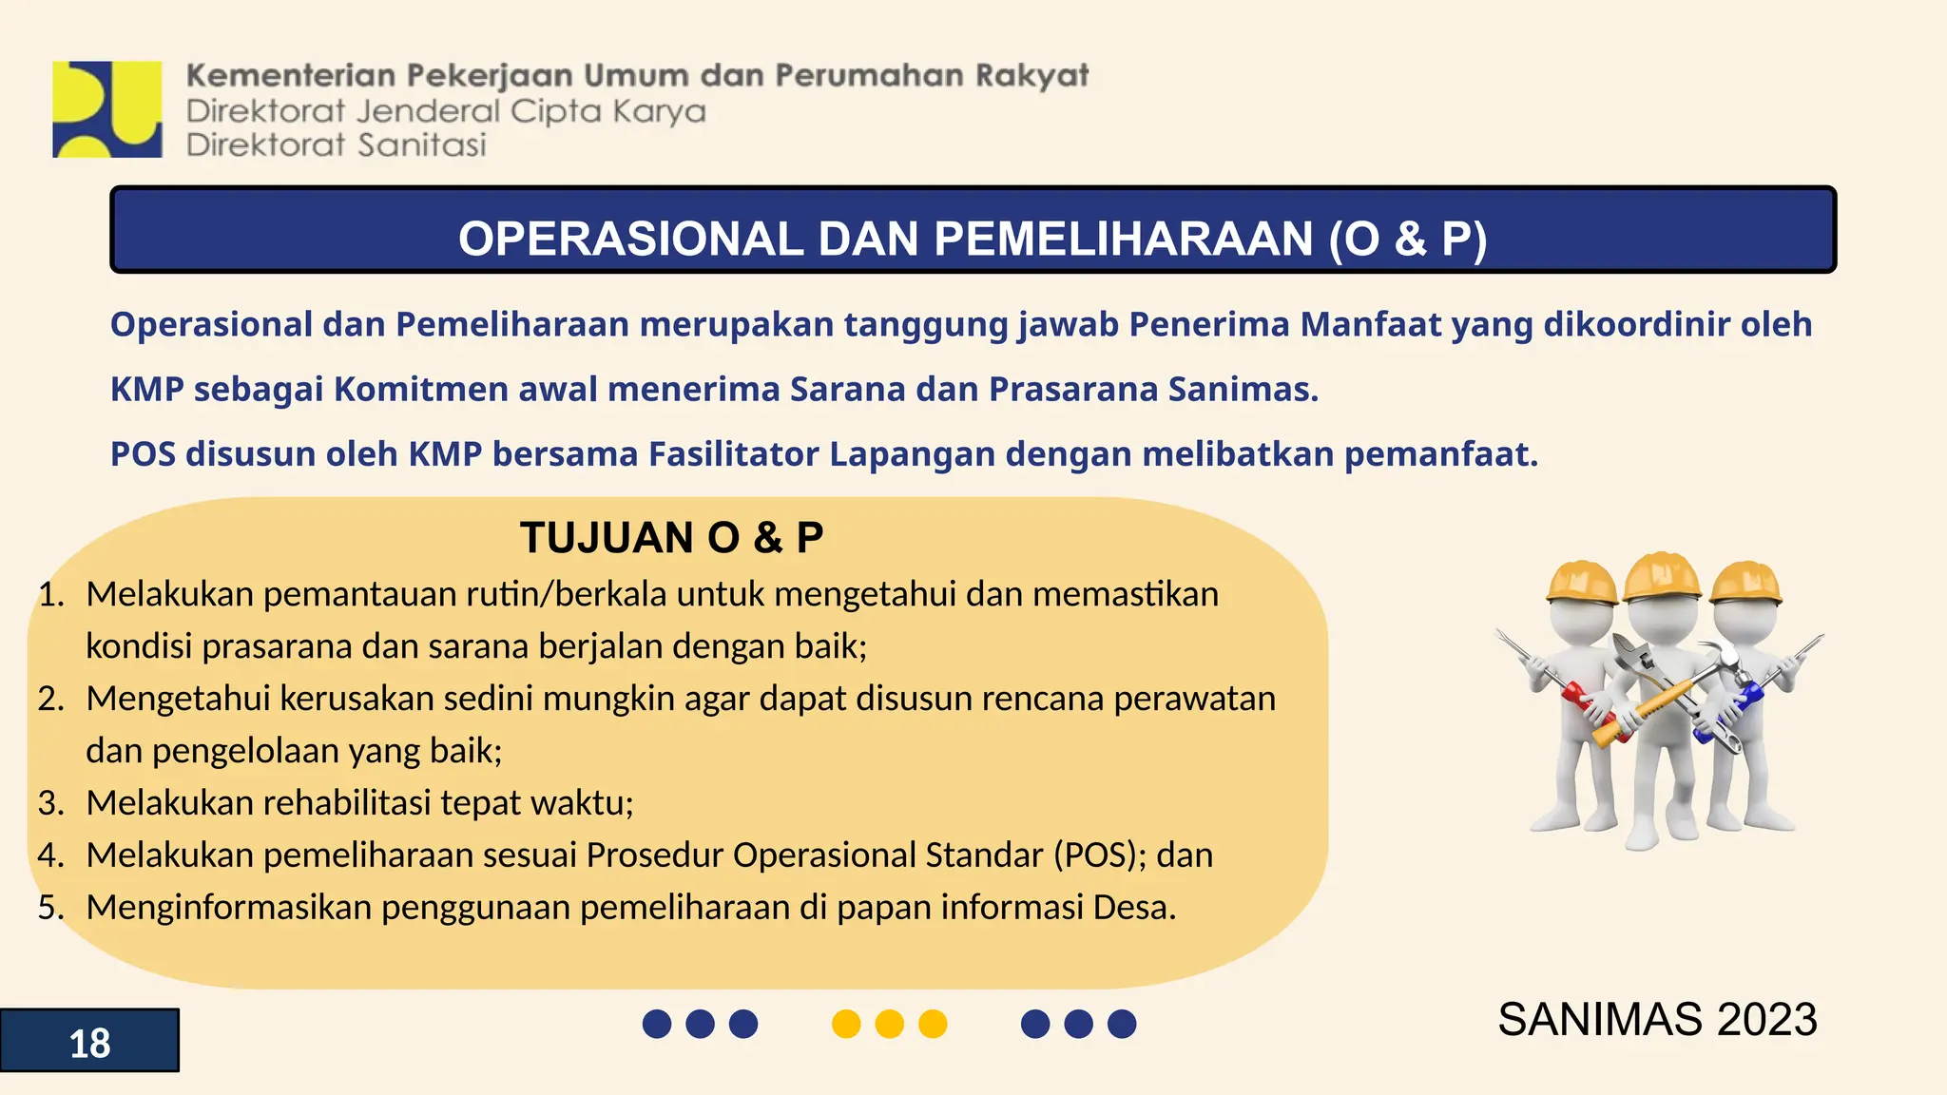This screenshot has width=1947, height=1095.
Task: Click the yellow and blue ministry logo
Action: tap(107, 109)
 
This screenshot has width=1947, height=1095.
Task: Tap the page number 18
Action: tap(89, 1044)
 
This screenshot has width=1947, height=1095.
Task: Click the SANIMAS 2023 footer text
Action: tap(1657, 1020)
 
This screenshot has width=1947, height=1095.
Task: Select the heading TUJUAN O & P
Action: tap(671, 538)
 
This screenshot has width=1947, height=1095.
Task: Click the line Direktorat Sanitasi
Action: tap(337, 145)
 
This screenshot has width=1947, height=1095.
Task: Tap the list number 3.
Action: tap(49, 803)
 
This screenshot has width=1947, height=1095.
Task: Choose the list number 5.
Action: tap(49, 908)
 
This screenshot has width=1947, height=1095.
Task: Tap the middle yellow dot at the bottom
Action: tap(889, 1024)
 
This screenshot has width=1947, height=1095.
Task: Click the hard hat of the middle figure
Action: tap(1662, 576)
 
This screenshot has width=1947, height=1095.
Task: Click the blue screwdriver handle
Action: tap(1745, 701)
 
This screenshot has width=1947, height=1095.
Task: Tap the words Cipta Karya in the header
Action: tap(608, 112)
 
